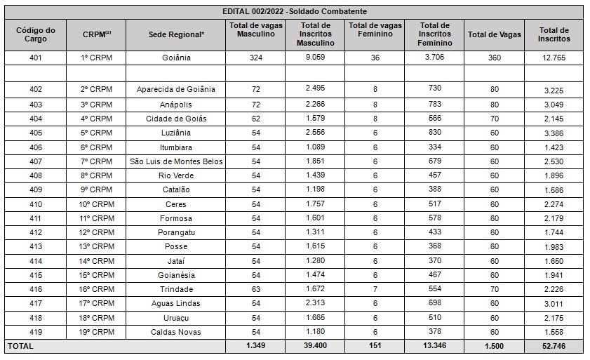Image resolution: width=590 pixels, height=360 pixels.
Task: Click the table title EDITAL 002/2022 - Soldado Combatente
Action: tap(295, 11)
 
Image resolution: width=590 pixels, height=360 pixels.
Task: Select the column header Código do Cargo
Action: tap(36, 34)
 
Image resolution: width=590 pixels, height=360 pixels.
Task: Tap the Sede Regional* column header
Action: tap(176, 34)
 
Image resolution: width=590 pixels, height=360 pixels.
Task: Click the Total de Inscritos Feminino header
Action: tap(434, 34)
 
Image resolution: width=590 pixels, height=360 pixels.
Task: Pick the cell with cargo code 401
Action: tap(36, 58)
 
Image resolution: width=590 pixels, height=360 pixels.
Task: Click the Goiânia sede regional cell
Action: tap(176, 58)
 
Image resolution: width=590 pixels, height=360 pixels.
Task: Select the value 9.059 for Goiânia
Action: tap(315, 57)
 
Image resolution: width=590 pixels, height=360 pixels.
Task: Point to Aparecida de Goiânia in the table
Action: tap(175, 89)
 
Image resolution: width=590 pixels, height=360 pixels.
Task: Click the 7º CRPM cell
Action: tap(96, 161)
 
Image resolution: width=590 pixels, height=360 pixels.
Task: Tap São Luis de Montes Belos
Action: tap(176, 161)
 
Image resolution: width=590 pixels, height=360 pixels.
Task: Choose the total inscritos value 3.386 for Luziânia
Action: tap(554, 133)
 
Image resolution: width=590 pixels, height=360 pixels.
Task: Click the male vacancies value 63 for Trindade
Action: tap(256, 289)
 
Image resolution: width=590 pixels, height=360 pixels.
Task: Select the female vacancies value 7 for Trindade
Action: tap(375, 289)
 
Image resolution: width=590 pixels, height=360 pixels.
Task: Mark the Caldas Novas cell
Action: tap(175, 332)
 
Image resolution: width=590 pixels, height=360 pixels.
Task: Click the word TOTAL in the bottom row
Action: tap(20, 346)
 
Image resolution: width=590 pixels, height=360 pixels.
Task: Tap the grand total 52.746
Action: tap(554, 346)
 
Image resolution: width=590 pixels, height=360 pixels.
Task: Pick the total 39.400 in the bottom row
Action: tap(315, 345)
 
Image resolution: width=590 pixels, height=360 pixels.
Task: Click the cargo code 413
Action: tap(36, 246)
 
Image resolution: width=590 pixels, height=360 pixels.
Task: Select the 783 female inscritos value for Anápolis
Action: tap(434, 104)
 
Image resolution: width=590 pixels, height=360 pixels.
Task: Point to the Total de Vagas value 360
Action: tap(495, 58)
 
